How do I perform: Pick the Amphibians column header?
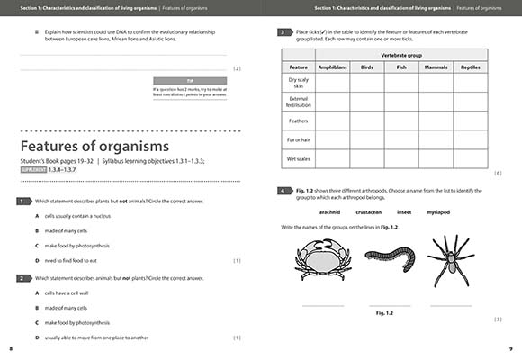coord(333,67)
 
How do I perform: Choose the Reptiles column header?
coord(470,67)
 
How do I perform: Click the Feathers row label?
coord(298,120)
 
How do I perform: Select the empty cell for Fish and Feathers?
coord(401,120)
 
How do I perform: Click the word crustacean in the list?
coord(369,212)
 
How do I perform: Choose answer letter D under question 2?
coord(37,337)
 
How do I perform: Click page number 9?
coord(510,347)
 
